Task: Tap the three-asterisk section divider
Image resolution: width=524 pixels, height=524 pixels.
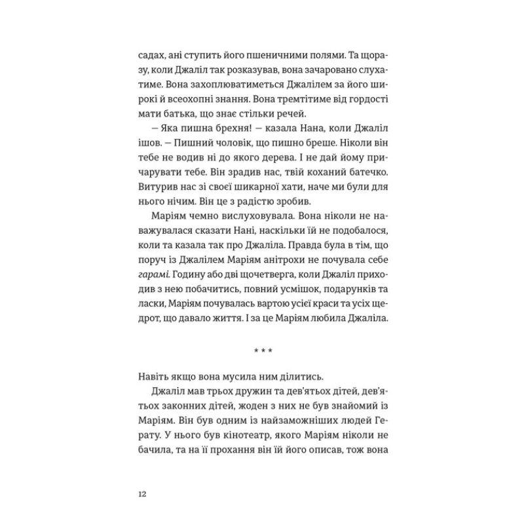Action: click(x=262, y=353)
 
